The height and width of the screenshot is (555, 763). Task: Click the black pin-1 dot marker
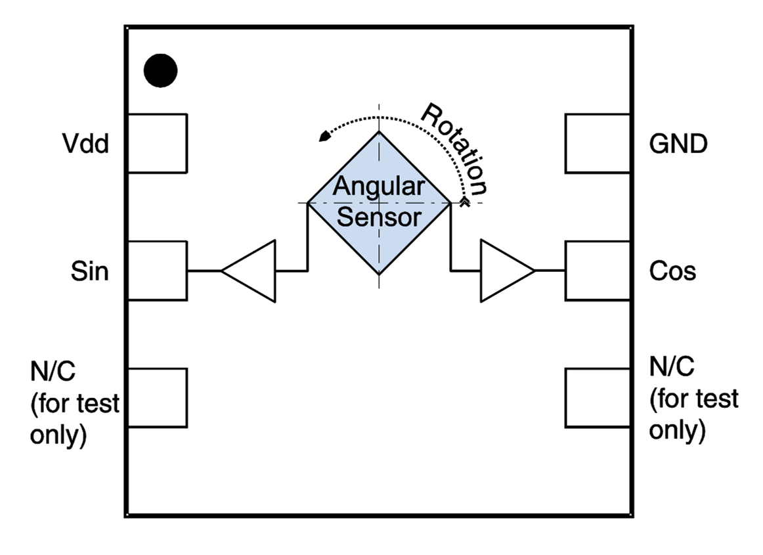(161, 70)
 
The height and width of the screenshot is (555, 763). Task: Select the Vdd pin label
(86, 144)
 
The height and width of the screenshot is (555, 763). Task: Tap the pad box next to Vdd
(157, 143)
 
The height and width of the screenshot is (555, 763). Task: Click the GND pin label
(678, 144)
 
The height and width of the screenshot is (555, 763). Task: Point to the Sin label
(89, 271)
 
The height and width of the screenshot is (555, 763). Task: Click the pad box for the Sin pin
(157, 271)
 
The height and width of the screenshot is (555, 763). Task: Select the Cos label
(672, 271)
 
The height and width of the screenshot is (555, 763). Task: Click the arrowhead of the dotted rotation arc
(323, 136)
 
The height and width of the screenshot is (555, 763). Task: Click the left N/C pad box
(157, 398)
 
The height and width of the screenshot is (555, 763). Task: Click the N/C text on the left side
(53, 372)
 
